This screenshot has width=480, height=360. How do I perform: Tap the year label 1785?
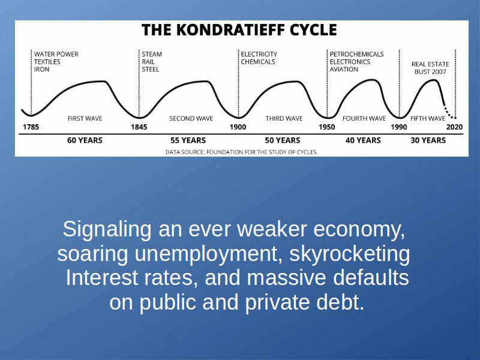pos(31,127)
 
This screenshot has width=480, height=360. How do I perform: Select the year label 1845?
pos(139,127)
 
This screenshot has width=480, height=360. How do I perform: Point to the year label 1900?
pos(238,127)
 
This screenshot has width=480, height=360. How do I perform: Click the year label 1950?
pos(326,127)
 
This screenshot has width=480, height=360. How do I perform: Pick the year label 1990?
pos(399,127)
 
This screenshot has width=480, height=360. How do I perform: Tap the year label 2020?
pos(454,127)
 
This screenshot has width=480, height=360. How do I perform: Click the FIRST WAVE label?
pos(85,118)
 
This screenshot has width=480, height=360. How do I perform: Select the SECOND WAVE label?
pos(191,118)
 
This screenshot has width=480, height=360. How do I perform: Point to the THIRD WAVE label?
pos(284,118)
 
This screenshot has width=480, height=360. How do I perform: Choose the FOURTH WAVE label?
pos(364,118)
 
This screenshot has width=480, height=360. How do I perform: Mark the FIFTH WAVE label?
pos(428,118)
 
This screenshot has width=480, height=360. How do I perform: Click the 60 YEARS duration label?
pos(85,140)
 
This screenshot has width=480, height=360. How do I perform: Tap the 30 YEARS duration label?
pos(428,140)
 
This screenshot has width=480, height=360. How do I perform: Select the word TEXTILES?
pos(47,62)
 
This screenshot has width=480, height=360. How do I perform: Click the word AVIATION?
pos(344,70)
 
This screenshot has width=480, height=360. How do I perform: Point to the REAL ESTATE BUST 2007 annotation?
pos(430,68)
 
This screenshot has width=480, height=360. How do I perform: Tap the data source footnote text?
pos(242,152)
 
